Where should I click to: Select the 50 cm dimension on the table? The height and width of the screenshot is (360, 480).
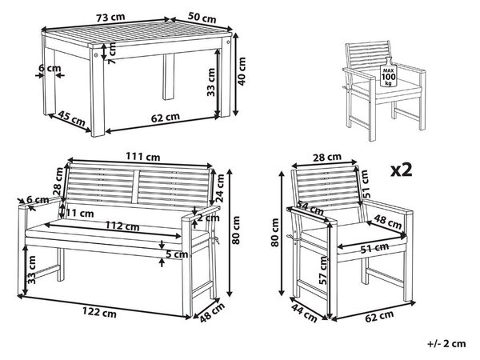coord(202,18)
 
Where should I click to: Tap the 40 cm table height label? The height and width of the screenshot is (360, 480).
coord(242,71)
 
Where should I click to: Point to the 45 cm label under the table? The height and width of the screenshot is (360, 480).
coord(72,118)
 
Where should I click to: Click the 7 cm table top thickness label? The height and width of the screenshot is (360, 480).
coord(112,53)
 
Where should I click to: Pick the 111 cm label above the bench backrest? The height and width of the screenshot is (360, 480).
coord(143,157)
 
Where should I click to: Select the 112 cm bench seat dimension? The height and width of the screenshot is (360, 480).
coord(122,226)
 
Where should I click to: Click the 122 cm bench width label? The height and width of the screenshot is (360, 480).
coord(99,312)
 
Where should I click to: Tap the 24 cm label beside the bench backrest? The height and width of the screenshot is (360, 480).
coord(220,188)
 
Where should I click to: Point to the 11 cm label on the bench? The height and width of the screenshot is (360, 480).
coord(80,213)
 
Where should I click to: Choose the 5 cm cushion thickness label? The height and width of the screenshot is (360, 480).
coord(177,254)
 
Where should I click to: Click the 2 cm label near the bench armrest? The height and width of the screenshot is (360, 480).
coord(208,218)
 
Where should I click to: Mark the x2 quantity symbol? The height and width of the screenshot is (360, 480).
coord(402,170)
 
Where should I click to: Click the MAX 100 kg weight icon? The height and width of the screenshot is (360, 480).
coord(388,72)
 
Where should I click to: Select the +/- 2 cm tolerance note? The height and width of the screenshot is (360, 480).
coord(446,343)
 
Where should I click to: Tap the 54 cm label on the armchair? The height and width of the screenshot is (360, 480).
coord(309,208)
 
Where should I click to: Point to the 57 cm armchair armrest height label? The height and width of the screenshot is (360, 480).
coord(323,270)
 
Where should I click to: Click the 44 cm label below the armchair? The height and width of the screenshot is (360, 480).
coord(304,312)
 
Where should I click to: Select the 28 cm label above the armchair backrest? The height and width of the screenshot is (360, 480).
coord(327,158)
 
